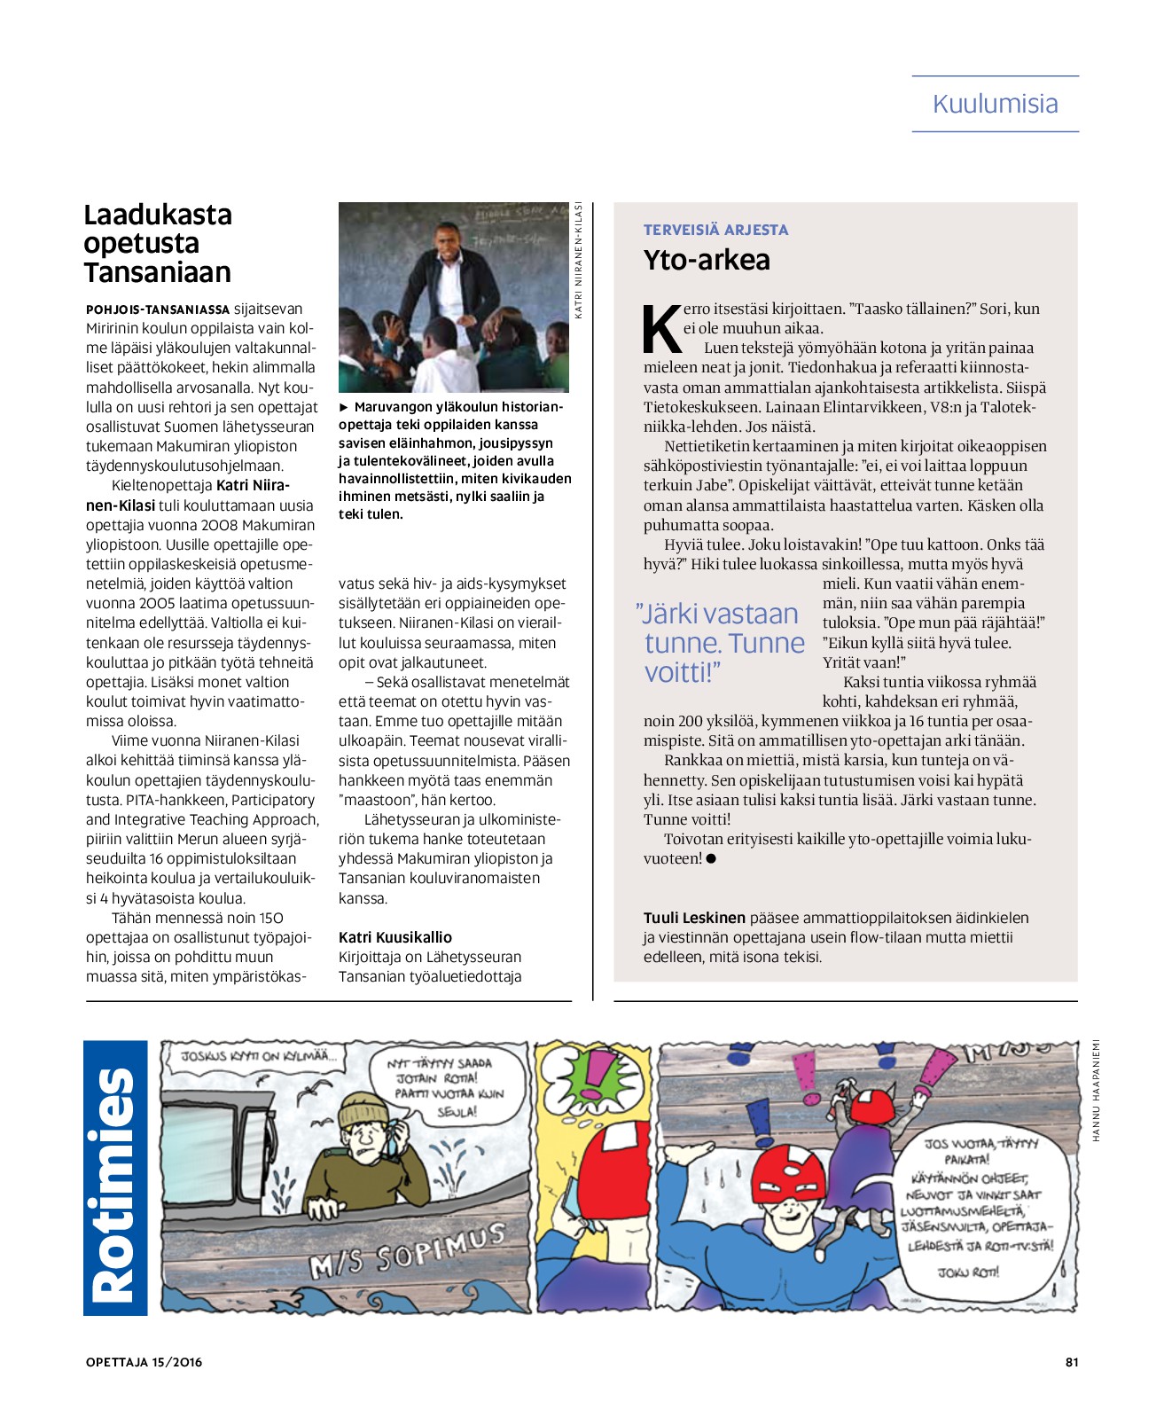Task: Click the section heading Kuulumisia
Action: pos(995,104)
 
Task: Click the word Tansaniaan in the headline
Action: pos(158,272)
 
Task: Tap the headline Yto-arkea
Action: pos(707,260)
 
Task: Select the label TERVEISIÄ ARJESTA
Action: pos(715,230)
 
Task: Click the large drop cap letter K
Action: pos(661,329)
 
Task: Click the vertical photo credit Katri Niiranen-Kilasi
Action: pos(579,260)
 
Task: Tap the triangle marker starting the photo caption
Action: pos(344,407)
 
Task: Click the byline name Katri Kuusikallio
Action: pos(395,937)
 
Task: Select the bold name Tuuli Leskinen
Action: pos(694,918)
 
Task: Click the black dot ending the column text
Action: pos(711,858)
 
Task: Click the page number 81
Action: pos(1071,1362)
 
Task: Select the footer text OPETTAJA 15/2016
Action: pos(144,1362)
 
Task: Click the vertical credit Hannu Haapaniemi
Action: pos(1096,1090)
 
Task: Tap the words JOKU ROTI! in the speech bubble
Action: pos(968,1272)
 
